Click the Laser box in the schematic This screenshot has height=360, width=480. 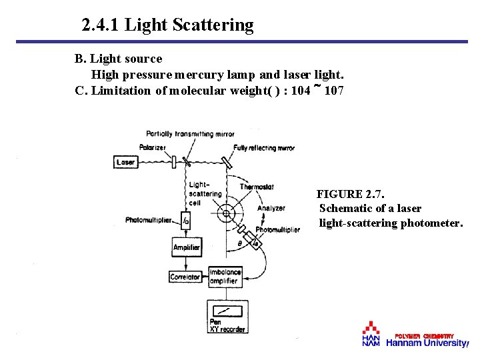125,162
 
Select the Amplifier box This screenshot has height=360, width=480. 186,247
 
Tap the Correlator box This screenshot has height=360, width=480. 185,277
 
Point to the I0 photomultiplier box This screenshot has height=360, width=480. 186,219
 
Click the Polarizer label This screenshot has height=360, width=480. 153,147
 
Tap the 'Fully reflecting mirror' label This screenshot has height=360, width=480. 264,147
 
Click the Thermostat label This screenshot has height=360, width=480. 257,187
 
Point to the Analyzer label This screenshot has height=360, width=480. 271,208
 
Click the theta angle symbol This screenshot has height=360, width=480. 240,245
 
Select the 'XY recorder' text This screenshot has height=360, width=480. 227,329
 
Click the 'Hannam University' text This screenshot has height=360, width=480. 427,343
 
